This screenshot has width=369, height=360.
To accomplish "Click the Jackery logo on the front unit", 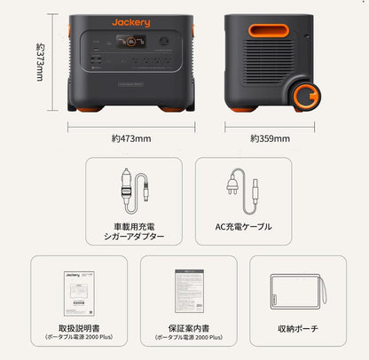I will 131,20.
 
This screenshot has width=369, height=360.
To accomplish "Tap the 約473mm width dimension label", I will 131,138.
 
